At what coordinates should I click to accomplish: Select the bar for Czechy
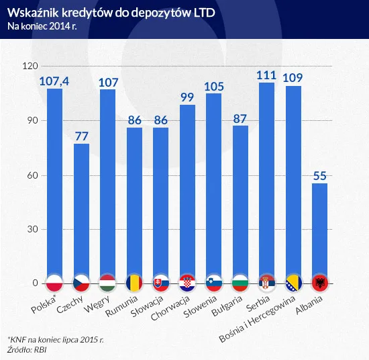(x=81, y=201)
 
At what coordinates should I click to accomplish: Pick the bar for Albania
(x=319, y=228)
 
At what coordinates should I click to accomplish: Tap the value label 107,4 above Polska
(x=54, y=81)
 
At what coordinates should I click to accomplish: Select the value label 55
(x=319, y=176)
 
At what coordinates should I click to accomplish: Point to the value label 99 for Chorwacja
(x=187, y=97)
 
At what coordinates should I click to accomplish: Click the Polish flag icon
(x=54, y=282)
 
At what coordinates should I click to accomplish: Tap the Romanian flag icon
(x=134, y=282)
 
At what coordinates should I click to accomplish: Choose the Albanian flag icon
(x=319, y=282)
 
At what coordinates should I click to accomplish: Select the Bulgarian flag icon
(x=240, y=282)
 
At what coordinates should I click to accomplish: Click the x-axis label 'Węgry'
(x=98, y=304)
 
